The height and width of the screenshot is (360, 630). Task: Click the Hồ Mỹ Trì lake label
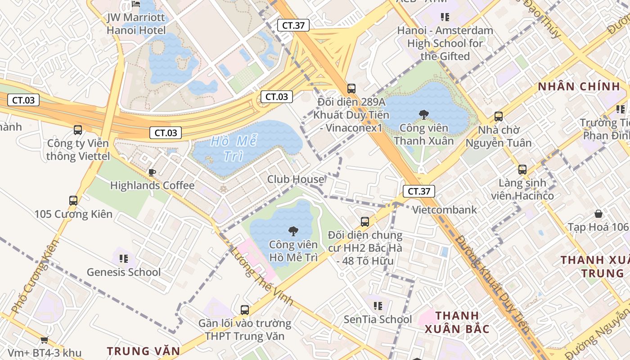(234, 148)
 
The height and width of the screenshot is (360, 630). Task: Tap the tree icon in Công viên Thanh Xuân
(423, 114)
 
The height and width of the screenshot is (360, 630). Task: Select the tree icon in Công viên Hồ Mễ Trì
(293, 231)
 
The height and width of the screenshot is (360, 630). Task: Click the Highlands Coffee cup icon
(152, 172)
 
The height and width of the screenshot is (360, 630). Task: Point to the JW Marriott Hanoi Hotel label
(136, 24)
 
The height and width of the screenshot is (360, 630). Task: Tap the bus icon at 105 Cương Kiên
(73, 200)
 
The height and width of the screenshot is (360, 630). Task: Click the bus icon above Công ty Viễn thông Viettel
(78, 130)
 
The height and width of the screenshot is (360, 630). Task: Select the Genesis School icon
(124, 258)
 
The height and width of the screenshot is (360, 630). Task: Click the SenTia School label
(378, 319)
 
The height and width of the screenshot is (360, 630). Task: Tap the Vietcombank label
(444, 210)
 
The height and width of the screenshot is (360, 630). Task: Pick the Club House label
(296, 180)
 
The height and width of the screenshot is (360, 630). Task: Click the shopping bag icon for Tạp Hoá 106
(598, 213)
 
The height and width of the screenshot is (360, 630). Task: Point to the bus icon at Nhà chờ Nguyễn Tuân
(499, 117)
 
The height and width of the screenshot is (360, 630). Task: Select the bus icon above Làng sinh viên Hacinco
(522, 170)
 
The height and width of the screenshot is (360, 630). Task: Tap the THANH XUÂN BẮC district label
(457, 322)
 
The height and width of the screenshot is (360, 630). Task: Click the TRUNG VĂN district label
(143, 351)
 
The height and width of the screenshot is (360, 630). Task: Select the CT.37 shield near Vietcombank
(419, 191)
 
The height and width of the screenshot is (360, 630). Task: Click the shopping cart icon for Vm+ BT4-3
(44, 340)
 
